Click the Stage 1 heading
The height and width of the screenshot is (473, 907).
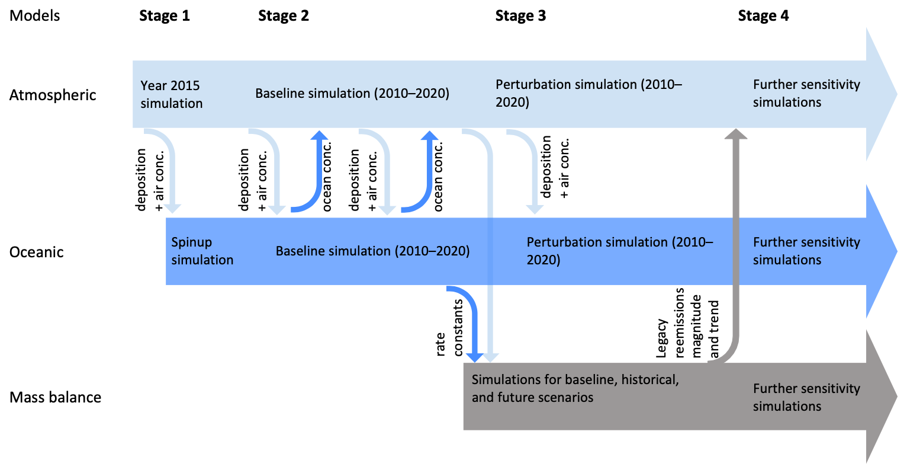(x=165, y=16)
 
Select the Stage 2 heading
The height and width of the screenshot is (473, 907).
(x=284, y=16)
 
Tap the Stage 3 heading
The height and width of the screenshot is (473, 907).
(x=521, y=16)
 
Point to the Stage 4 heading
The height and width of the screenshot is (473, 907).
(x=763, y=16)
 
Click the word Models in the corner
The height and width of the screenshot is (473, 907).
(x=34, y=16)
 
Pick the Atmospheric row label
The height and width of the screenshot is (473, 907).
(x=53, y=95)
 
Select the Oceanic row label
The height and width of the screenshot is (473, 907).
(x=37, y=252)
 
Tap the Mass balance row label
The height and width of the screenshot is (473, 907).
(x=55, y=397)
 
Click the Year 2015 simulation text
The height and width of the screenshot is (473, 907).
(x=171, y=94)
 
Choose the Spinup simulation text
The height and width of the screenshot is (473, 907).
(x=202, y=251)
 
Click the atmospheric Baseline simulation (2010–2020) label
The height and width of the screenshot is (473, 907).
(x=352, y=94)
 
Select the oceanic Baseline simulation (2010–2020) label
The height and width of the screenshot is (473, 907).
(x=372, y=251)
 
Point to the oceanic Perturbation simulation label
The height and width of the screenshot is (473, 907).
(x=619, y=251)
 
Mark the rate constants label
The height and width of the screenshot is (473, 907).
(x=449, y=328)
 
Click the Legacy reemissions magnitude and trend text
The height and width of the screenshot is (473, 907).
(x=687, y=323)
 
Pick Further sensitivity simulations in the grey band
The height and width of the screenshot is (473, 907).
(x=806, y=397)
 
